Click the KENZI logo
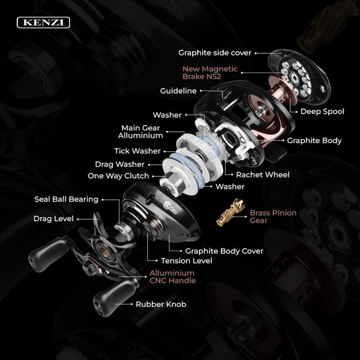[x=44, y=22]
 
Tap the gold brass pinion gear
[x=230, y=212]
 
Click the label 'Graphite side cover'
[x=215, y=53]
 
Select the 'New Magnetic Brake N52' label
[x=210, y=72]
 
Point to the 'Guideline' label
[x=179, y=91]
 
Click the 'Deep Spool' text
[x=322, y=112]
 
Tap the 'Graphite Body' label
[x=314, y=140]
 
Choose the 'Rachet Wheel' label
[x=263, y=175]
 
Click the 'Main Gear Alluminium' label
[x=140, y=131]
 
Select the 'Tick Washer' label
[x=137, y=151]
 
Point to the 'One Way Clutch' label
[x=118, y=176]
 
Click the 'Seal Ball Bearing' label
[x=66, y=199]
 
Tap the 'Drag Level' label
[x=54, y=219]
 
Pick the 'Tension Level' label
[x=186, y=261]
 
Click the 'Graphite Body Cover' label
[x=224, y=251]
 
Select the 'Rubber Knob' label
[x=161, y=304]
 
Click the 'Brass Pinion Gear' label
[x=273, y=217]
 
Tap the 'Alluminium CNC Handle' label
[x=173, y=277]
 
